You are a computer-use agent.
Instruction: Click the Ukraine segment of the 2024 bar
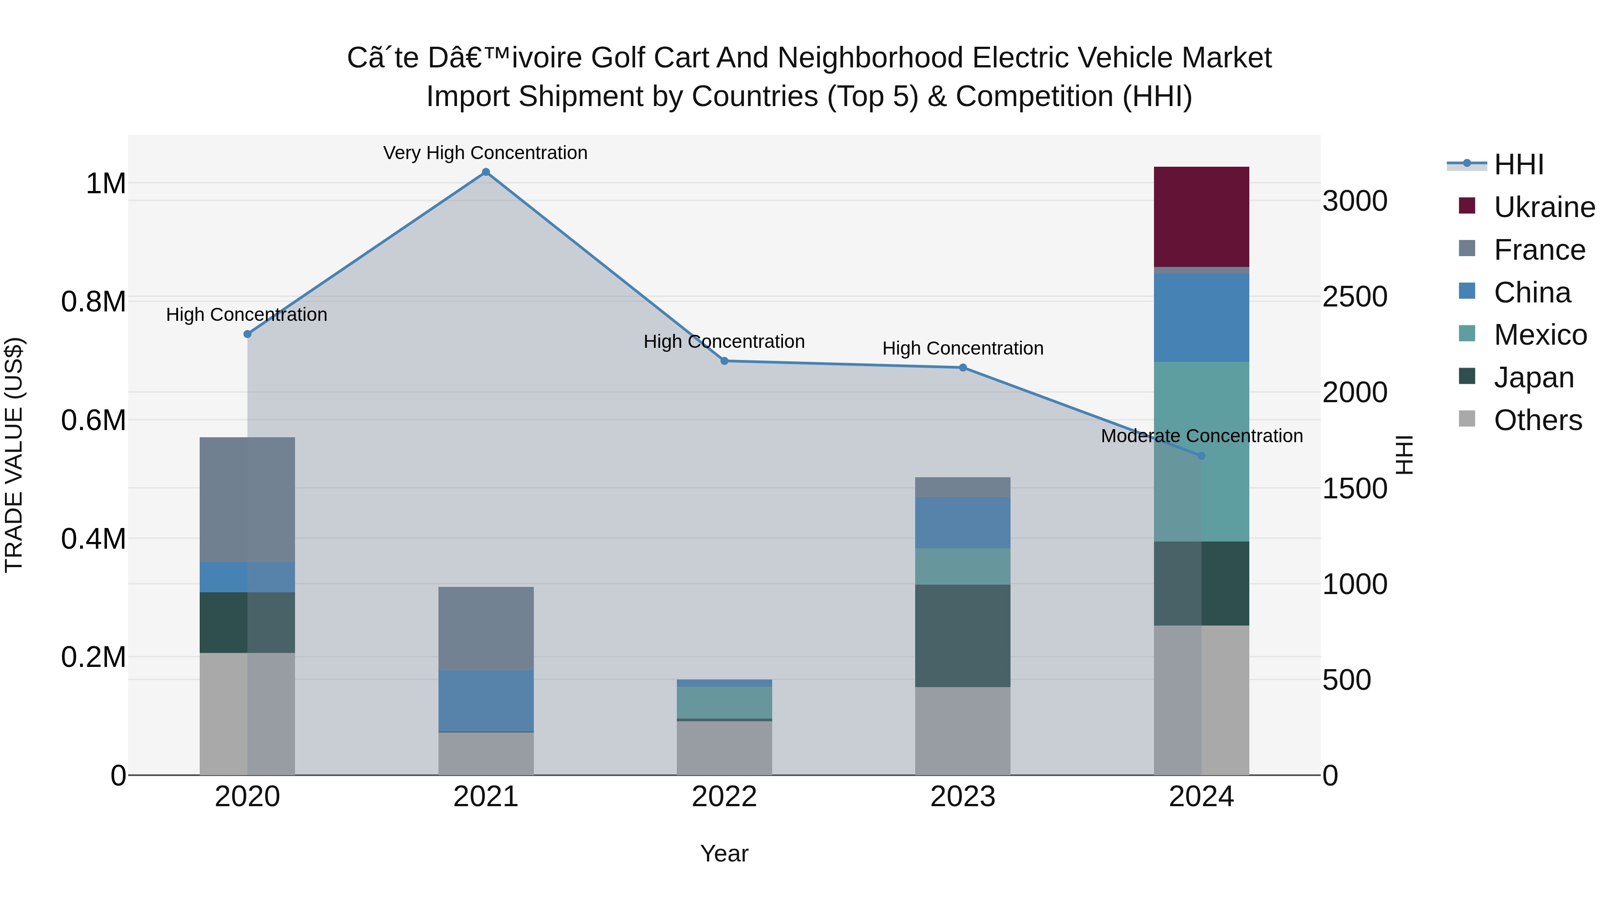click(x=1201, y=217)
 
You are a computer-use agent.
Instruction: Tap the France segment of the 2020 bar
click(x=247, y=499)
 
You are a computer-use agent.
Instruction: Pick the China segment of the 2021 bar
click(x=486, y=701)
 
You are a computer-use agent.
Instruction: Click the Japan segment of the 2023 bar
click(x=962, y=635)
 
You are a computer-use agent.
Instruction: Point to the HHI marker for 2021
click(x=486, y=172)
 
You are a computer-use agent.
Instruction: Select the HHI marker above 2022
click(x=724, y=361)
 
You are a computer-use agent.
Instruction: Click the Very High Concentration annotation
click(x=485, y=153)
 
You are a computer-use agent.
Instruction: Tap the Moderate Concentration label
click(x=1201, y=436)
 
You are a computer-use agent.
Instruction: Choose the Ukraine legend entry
click(x=1543, y=207)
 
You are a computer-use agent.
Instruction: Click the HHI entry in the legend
click(x=1518, y=164)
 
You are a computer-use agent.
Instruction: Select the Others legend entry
click(x=1537, y=420)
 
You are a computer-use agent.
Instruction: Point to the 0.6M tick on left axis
click(x=94, y=420)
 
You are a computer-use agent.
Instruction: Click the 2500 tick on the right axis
click(x=1355, y=297)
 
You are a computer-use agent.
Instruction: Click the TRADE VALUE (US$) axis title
click(x=14, y=455)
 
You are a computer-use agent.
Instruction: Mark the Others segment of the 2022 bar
click(x=724, y=747)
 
